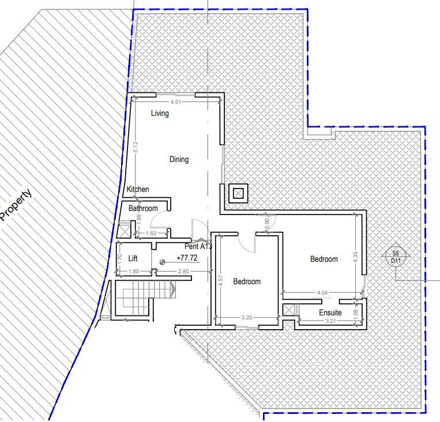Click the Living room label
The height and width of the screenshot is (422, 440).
click(160, 114)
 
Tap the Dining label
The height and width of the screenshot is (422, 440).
click(179, 159)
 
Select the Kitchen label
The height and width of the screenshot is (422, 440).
click(138, 189)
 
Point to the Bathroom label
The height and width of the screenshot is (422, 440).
click(143, 208)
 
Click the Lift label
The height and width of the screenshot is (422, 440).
click(133, 258)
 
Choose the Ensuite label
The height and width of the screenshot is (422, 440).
click(330, 312)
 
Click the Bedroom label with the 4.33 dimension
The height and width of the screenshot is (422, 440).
click(324, 259)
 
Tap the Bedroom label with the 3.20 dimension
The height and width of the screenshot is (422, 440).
click(247, 281)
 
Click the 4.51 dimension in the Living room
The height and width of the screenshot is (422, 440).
click(176, 102)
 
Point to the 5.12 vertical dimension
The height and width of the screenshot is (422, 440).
click(136, 147)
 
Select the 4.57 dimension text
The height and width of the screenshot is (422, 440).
click(220, 280)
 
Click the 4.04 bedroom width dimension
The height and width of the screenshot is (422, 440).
click(322, 293)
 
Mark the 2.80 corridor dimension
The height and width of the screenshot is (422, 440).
click(183, 271)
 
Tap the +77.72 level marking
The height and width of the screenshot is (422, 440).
click(187, 258)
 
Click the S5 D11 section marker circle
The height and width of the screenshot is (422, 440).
click(396, 257)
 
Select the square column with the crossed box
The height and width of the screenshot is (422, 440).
click(238, 193)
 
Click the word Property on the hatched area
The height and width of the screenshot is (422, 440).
click(16, 205)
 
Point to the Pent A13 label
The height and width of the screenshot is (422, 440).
click(198, 246)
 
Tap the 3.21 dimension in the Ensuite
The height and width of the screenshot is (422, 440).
click(330, 321)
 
